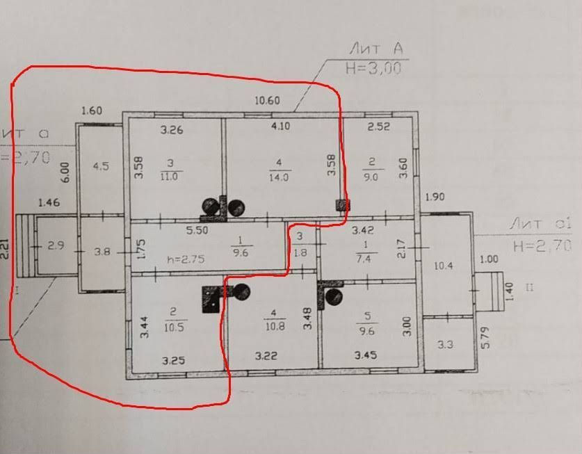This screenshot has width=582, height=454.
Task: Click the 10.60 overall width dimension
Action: pos(267,101)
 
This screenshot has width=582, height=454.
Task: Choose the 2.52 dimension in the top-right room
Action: pos(378,127)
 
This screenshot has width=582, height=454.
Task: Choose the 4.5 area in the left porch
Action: pos(101,166)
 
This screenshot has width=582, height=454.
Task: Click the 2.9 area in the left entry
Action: pos(56,246)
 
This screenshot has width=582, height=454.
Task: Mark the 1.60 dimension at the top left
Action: pos(92,111)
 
